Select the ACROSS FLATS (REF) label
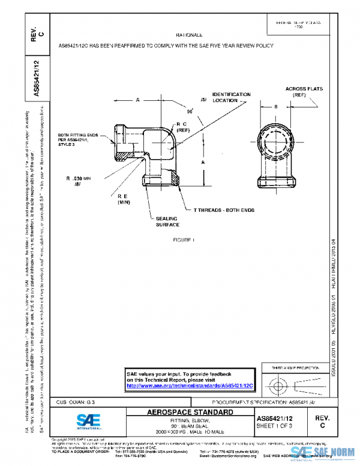point(304,92)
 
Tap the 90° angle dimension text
point(190,111)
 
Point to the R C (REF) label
point(182,127)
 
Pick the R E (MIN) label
point(124,199)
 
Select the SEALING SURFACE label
point(167,222)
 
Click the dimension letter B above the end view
point(275,106)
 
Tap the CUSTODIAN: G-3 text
point(76,402)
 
